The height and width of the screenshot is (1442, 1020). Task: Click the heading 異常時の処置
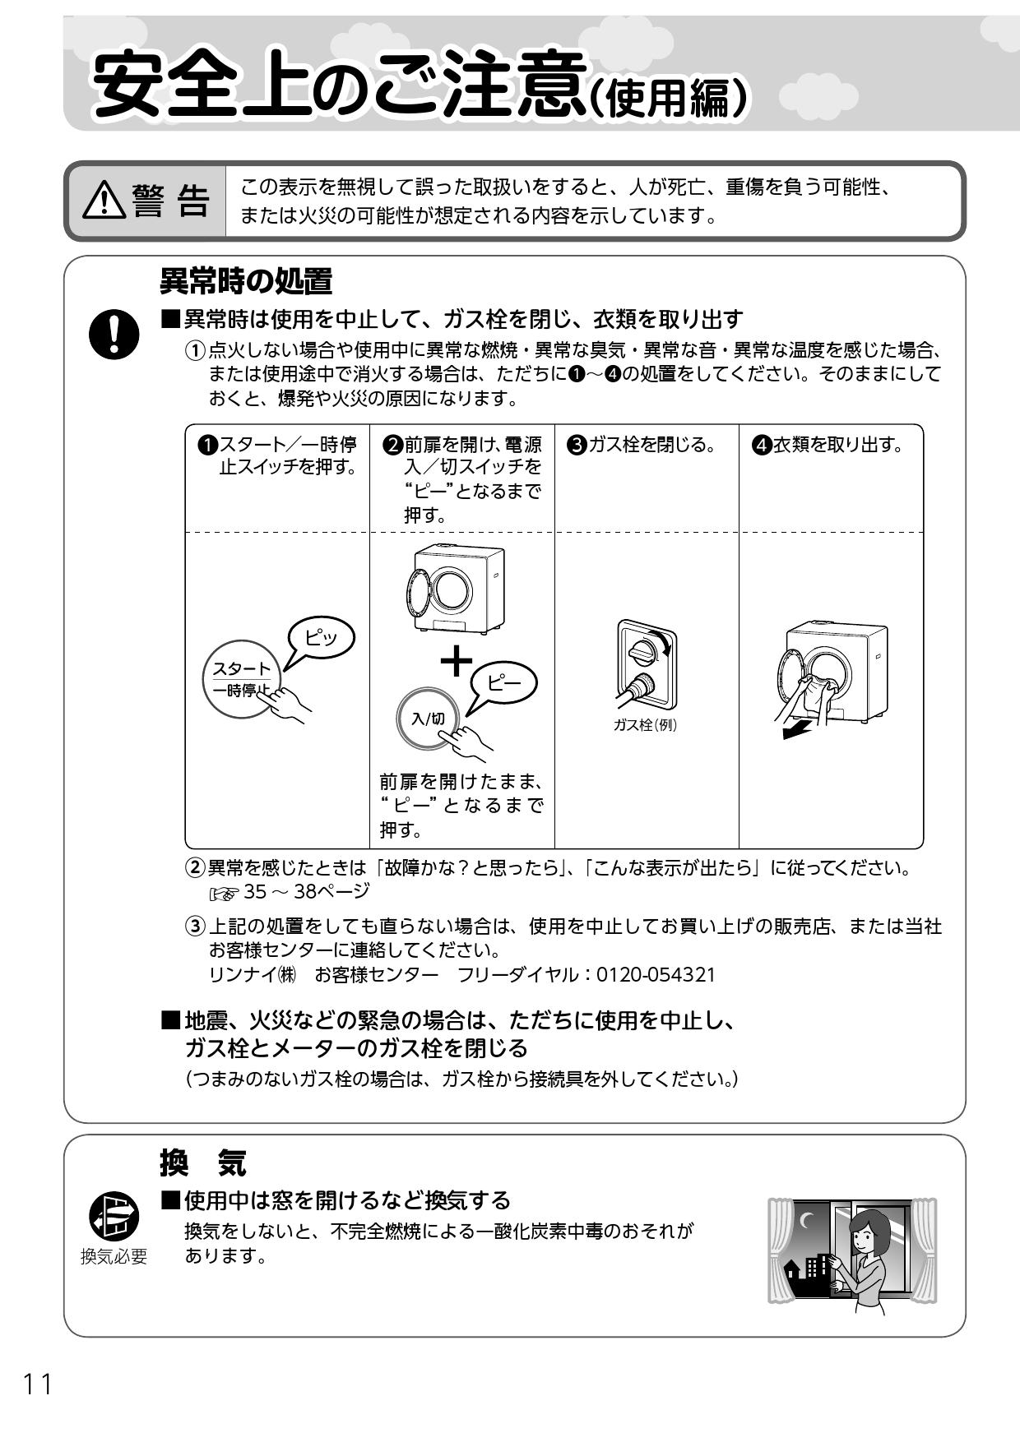pyautogui.click(x=246, y=282)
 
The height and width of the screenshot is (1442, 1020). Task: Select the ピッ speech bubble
pyautogui.click(x=321, y=638)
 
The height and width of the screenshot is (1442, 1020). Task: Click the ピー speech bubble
pyautogui.click(x=503, y=681)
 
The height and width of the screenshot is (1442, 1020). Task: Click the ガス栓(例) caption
pyautogui.click(x=645, y=725)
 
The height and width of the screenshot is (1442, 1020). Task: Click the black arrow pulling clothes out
pyautogui.click(x=796, y=729)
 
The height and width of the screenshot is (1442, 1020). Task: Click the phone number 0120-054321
pyautogui.click(x=656, y=975)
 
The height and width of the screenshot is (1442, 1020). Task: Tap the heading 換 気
pyautogui.click(x=202, y=1164)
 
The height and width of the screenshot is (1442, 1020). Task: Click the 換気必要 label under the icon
pyautogui.click(x=114, y=1256)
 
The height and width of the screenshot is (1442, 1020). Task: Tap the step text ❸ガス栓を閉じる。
pyautogui.click(x=641, y=446)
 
